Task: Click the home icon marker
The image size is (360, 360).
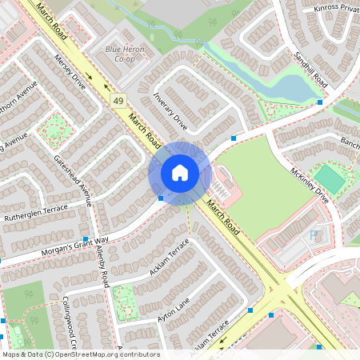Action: (179, 173)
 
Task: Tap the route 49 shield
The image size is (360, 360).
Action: (118, 100)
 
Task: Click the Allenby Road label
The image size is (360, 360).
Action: (102, 268)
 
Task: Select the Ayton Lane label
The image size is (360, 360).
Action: (173, 307)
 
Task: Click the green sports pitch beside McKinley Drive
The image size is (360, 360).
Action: (330, 178)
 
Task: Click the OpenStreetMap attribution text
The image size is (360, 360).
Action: (81, 354)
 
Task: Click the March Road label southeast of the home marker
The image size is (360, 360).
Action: (222, 217)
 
